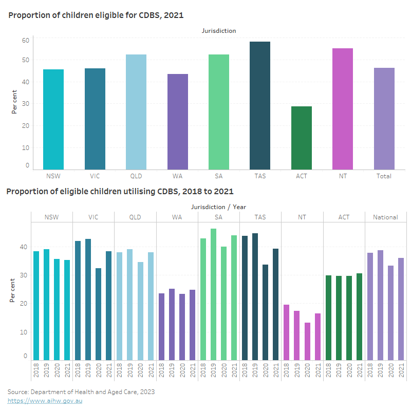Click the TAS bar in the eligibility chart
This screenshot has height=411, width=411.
click(x=260, y=105)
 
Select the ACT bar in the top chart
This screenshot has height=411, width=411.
click(x=301, y=138)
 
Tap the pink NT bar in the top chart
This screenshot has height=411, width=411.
click(x=343, y=109)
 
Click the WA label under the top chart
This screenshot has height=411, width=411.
click(x=177, y=176)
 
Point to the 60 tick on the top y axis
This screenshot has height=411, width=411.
click(x=25, y=40)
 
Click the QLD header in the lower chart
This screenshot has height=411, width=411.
click(x=136, y=217)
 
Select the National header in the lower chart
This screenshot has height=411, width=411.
click(x=385, y=217)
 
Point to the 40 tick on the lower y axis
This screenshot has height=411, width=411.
click(x=23, y=247)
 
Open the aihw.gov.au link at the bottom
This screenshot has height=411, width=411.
click(x=45, y=401)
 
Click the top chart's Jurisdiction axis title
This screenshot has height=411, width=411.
click(x=219, y=31)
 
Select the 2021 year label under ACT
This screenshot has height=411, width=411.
click(x=359, y=370)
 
